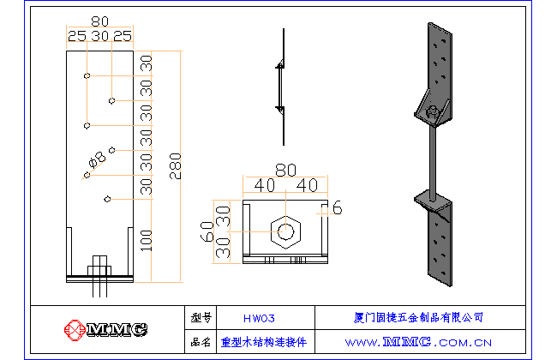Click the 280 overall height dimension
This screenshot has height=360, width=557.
tap(175, 163)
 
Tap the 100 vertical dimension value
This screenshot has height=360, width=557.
tap(147, 240)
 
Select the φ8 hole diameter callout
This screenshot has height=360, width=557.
tap(98, 158)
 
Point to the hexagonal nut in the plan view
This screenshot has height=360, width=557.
tap(285, 231)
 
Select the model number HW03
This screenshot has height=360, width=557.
tap(259, 318)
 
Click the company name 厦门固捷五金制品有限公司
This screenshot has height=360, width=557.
tap(418, 318)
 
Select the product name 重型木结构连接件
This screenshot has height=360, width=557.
tap(264, 341)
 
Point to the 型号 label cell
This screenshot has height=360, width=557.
tap(201, 318)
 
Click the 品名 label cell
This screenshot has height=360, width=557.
tap(201, 341)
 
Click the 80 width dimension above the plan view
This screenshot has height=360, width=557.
tap(285, 171)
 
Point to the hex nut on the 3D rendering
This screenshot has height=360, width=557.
tap(434, 111)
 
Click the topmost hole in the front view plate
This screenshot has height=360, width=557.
tap(87, 76)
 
